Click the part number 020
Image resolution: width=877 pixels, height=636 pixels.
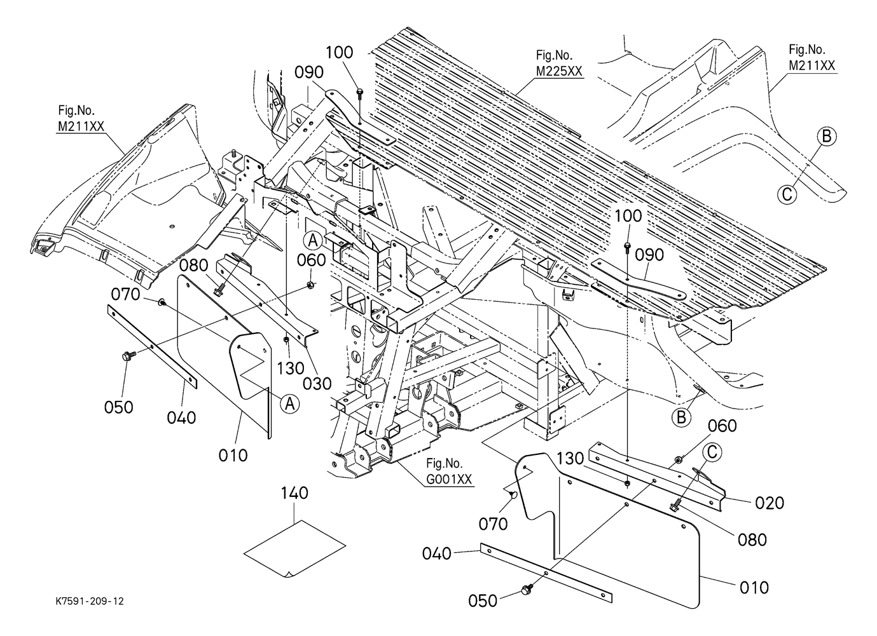(x=770, y=503)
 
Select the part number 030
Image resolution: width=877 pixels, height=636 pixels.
(x=317, y=383)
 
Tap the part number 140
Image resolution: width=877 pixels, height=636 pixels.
(x=295, y=493)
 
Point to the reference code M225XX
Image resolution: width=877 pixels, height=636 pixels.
(x=558, y=71)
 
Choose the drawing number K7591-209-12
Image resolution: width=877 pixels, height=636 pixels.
(x=89, y=600)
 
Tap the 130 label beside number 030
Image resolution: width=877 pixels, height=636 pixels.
(x=291, y=369)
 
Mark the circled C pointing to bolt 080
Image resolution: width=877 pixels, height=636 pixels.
(x=712, y=452)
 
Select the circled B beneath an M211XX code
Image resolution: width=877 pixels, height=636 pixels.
(x=826, y=136)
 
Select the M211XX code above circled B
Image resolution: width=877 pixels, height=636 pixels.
(x=812, y=65)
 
